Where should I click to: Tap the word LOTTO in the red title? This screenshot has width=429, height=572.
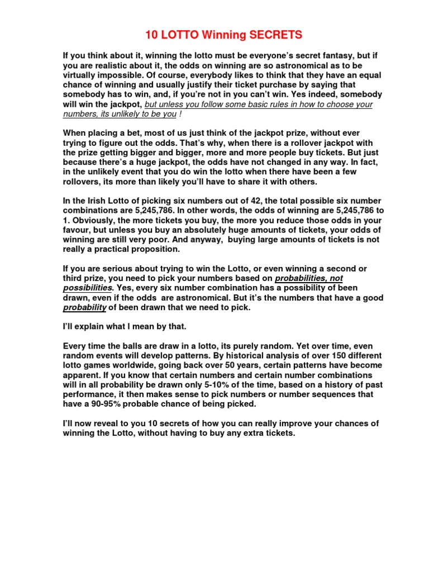(x=179, y=35)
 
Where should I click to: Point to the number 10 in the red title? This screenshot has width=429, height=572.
(x=151, y=35)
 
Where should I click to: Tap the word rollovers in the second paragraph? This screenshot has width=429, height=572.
(x=82, y=182)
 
